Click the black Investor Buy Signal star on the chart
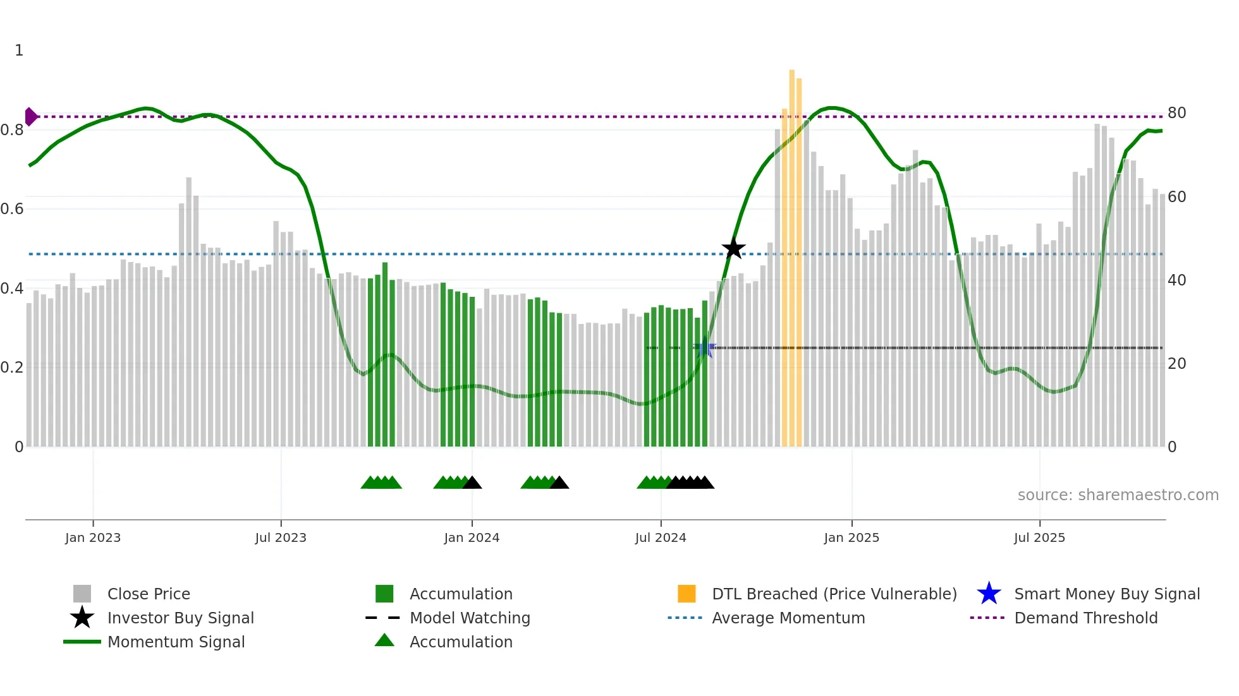(733, 249)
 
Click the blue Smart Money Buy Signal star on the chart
(705, 348)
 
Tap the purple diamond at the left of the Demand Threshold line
(30, 117)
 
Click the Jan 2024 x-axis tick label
(472, 538)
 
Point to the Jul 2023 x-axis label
(281, 538)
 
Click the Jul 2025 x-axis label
(1039, 538)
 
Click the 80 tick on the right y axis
(1176, 113)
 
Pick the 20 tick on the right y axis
(1176, 364)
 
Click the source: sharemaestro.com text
(1118, 495)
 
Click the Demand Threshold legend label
(1085, 618)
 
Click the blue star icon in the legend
(989, 594)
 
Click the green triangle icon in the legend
(384, 641)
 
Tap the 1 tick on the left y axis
(19, 51)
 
